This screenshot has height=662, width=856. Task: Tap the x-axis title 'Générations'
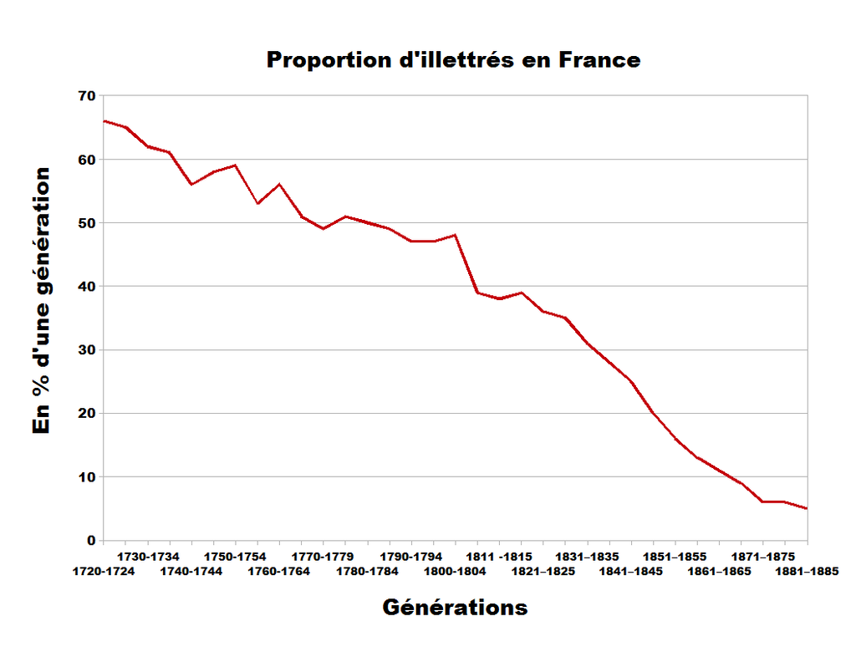455,607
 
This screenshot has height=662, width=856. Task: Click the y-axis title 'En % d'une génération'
42,301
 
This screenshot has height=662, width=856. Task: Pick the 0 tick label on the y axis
91,541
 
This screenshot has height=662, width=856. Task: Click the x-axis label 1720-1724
104,572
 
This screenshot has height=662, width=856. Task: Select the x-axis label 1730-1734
148,556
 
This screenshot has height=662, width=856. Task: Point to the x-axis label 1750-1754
236,556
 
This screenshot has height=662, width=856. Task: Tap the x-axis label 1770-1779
323,556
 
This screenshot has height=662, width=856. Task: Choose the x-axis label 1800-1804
455,572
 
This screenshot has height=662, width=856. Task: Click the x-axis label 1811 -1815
499,556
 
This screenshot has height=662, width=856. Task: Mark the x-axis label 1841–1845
631,572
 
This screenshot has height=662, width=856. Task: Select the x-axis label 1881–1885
807,572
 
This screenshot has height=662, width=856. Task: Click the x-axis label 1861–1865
719,572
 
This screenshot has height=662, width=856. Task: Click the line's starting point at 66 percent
104,121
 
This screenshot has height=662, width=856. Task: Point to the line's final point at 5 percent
807,508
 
